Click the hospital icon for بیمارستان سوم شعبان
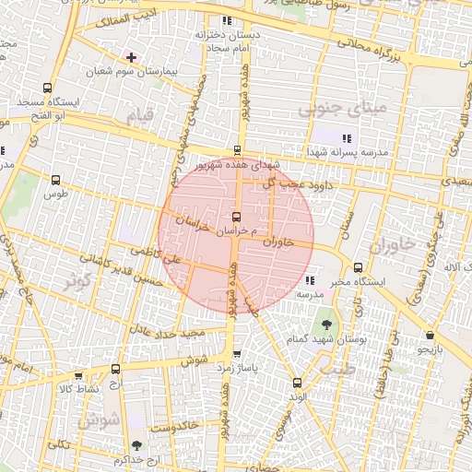pyautogui.click(x=132, y=57)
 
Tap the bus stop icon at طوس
pyautogui.click(x=58, y=181)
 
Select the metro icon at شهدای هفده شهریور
pyautogui.click(x=238, y=150)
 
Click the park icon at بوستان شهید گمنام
pyautogui.click(x=326, y=324)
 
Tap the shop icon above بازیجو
pyautogui.click(x=430, y=336)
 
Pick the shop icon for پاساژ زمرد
pyautogui.click(x=238, y=354)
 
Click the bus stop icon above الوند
pyautogui.click(x=296, y=383)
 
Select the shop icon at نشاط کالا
pyautogui.click(x=78, y=376)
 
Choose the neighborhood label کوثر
pyautogui.click(x=77, y=279)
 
